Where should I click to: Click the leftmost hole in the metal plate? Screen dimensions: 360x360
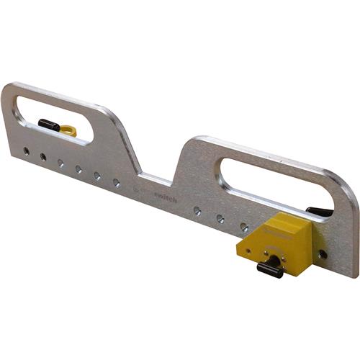coord(25,151)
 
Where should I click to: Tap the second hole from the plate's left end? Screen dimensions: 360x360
coord(42,156)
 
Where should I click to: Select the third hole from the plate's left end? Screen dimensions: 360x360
coord(60,163)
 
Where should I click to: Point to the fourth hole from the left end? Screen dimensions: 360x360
coord(78,169)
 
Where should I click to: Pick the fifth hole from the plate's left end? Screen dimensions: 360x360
coord(97,176)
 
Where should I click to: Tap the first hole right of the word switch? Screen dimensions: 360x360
coord(197,211)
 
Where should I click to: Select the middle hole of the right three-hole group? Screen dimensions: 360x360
coord(220,218)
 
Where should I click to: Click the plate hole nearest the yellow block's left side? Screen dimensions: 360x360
coord(244,227)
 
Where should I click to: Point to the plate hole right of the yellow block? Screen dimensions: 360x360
coord(323,254)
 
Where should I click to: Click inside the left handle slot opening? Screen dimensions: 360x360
coord(54,115)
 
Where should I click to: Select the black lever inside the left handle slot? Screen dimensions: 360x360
coord(49,125)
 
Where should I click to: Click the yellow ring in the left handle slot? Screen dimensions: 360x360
coord(68,130)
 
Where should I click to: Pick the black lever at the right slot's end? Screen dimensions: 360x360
coord(318,211)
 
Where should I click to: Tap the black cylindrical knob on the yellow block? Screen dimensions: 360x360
coord(269,270)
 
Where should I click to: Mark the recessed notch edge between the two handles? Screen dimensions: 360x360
coord(155,176)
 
